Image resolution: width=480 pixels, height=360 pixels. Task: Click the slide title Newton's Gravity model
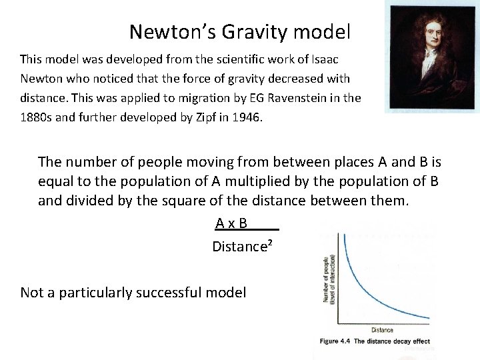(239, 31)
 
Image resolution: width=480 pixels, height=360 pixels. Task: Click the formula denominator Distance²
(241, 247)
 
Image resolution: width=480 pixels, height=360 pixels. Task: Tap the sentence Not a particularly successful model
(133, 292)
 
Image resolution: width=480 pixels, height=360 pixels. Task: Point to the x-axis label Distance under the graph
(382, 329)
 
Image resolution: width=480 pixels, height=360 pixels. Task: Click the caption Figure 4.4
(335, 341)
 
